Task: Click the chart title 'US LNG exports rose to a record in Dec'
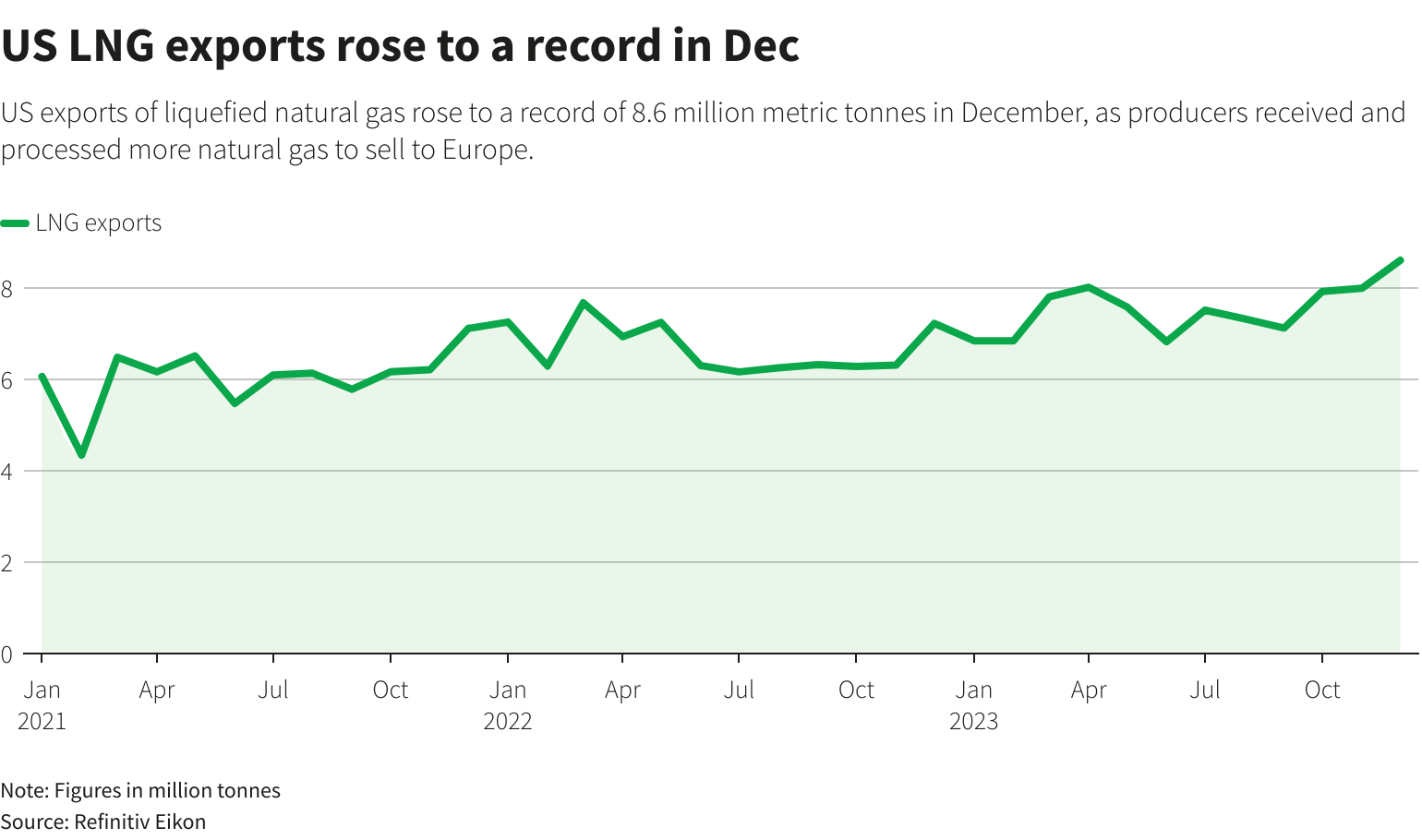pyautogui.click(x=400, y=45)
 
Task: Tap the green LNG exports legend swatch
pyautogui.click(x=16, y=223)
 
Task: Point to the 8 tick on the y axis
pyautogui.click(x=7, y=289)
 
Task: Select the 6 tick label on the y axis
pyautogui.click(x=7, y=380)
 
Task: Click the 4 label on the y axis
pyautogui.click(x=7, y=472)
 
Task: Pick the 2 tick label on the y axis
pyautogui.click(x=7, y=563)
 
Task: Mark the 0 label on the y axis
pyautogui.click(x=7, y=654)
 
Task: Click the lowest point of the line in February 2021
pyautogui.click(x=81, y=455)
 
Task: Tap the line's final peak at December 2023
pyautogui.click(x=1400, y=260)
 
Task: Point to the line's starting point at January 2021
pyautogui.click(x=42, y=377)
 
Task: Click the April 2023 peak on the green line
pyautogui.click(x=1090, y=287)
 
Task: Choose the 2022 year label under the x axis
pyautogui.click(x=508, y=721)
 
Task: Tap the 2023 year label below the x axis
pyautogui.click(x=974, y=721)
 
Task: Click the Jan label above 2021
pyautogui.click(x=42, y=690)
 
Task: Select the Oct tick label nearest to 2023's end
pyautogui.click(x=1322, y=690)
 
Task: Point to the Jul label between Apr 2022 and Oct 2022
pyautogui.click(x=740, y=690)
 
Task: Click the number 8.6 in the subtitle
pyautogui.click(x=649, y=113)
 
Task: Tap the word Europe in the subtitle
pyautogui.click(x=485, y=150)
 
